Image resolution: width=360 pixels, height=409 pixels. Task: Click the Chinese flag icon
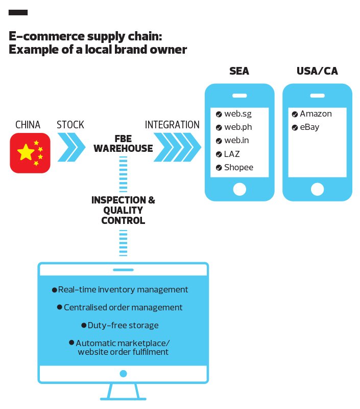30,152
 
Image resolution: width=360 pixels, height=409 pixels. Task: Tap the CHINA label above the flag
28,125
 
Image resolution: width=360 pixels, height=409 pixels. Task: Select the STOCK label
70,125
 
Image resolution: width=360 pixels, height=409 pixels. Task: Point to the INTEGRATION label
172,125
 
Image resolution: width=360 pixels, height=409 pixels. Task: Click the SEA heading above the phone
239,71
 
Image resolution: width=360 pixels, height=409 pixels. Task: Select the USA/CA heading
317,71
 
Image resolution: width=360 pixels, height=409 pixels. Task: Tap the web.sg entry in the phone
238,114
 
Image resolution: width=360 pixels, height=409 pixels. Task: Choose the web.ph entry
238,127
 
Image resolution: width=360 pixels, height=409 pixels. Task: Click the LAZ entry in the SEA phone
232,154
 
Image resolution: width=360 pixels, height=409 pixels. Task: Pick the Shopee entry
238,167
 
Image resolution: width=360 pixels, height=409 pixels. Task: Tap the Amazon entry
316,114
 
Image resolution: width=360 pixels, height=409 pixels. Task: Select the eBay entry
309,127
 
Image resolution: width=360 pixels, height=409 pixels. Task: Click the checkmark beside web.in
219,141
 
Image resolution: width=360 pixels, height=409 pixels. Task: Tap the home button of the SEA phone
239,189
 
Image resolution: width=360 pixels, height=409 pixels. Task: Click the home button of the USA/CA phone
317,189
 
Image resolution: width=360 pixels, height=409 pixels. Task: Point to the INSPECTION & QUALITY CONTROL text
123,210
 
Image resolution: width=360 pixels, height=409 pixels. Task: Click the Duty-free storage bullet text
123,325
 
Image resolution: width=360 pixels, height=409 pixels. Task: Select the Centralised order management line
123,307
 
